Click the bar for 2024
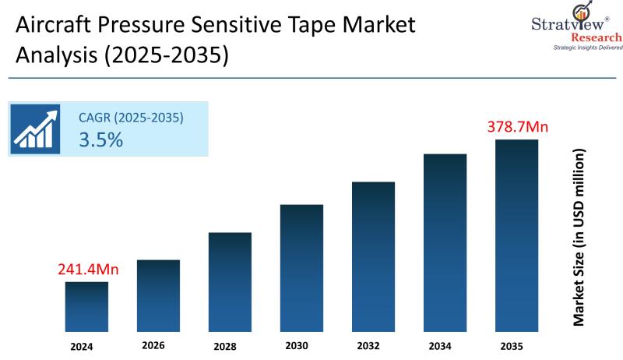86,307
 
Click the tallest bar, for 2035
516,236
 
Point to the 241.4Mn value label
88,270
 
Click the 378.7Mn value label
518,126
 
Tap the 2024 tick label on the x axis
81,346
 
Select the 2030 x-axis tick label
297,346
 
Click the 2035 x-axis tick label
512,346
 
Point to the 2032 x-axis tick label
368,346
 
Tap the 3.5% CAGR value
100,140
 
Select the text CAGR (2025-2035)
131,118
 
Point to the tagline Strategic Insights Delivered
587,48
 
